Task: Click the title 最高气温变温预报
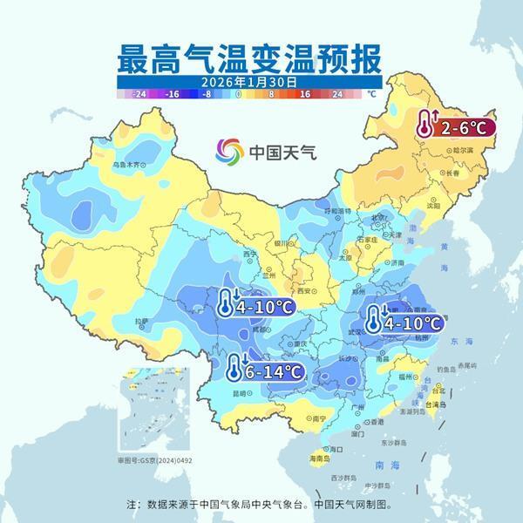click(249, 58)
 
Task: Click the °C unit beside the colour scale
click(371, 92)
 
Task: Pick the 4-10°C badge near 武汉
click(406, 323)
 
